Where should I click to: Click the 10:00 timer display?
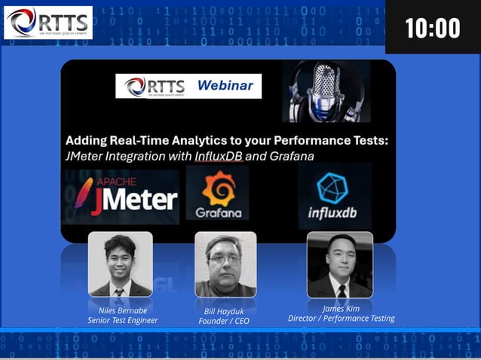[432, 28]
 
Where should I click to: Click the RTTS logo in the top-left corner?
[47, 22]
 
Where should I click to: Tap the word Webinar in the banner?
[225, 85]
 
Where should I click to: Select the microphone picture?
[326, 91]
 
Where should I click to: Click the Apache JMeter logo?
[121, 197]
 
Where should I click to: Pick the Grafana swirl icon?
[218, 188]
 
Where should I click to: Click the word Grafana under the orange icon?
[218, 212]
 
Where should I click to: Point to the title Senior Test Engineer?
[122, 320]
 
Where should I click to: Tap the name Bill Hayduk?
[224, 311]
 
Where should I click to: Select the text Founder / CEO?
[224, 322]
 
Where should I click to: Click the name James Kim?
[341, 308]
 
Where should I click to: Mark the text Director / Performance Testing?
[341, 319]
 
